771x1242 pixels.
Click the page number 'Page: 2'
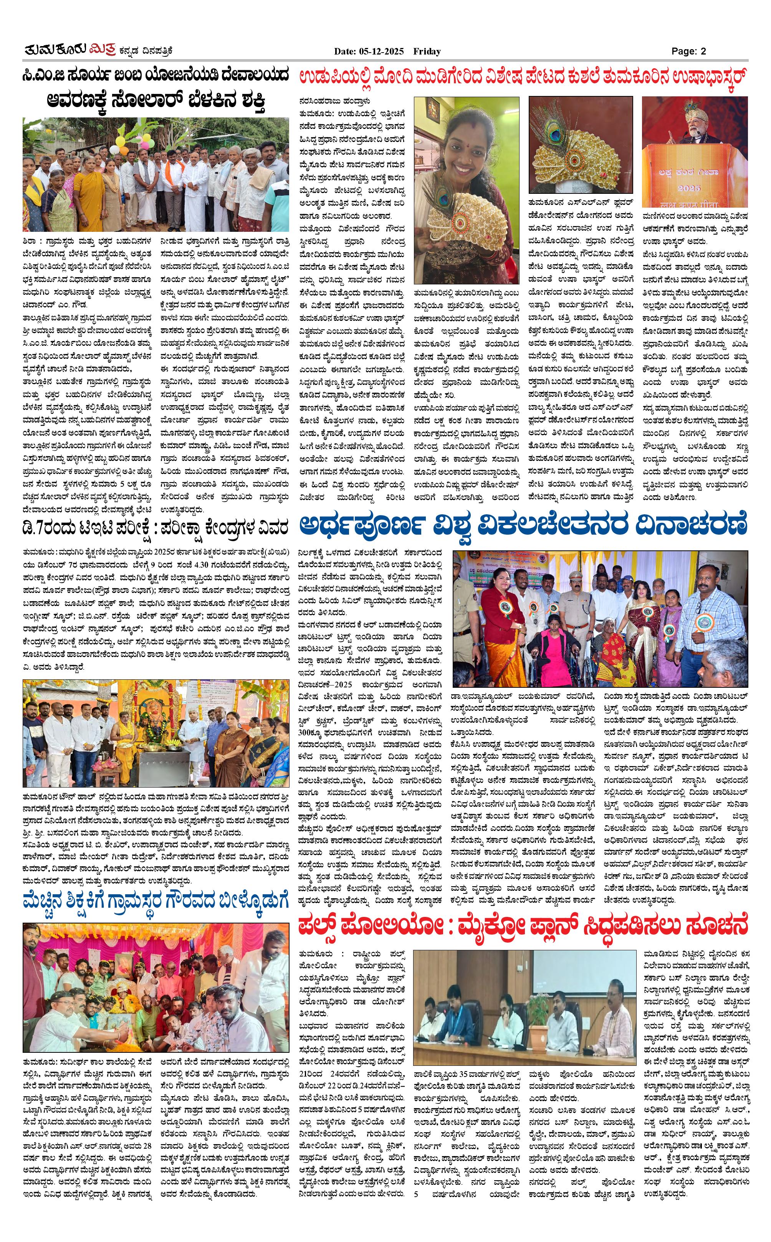pos(688,51)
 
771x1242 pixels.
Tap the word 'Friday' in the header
pos(427,51)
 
